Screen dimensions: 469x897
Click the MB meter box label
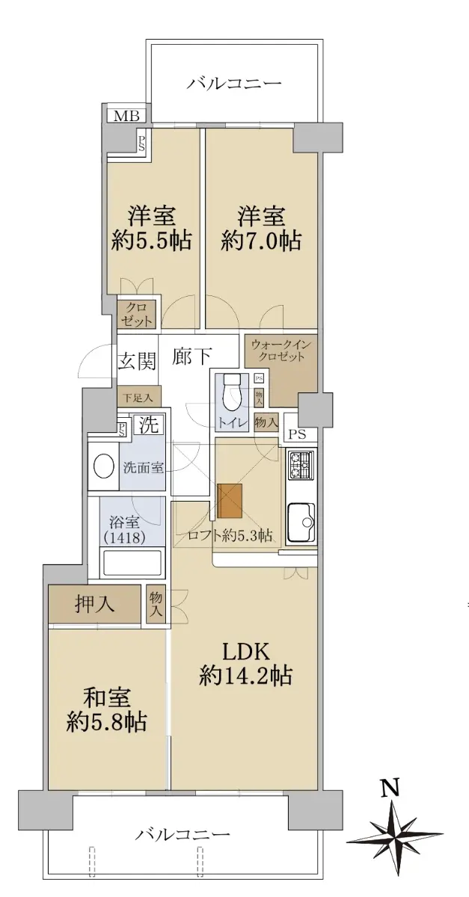(x=126, y=116)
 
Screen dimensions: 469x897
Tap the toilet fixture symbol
(x=231, y=392)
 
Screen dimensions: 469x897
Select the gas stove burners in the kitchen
(x=301, y=465)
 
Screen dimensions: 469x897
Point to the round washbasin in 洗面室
(x=104, y=465)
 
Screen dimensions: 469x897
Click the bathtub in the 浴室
(x=132, y=563)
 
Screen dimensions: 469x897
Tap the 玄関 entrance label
(x=136, y=363)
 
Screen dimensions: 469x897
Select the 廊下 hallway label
(x=192, y=356)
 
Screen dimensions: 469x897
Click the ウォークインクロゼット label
(x=281, y=351)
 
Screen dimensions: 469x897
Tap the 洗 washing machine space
(x=149, y=425)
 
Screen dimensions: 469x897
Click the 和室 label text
(x=107, y=697)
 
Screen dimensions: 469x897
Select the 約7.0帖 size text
(x=260, y=241)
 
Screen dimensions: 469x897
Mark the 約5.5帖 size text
(x=150, y=241)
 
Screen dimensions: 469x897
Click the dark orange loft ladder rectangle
(x=230, y=501)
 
